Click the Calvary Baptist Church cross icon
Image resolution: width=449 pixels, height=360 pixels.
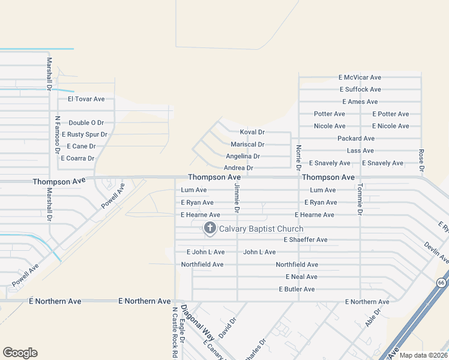[x=210, y=228]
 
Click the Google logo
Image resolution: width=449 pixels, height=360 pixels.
[x=20, y=353]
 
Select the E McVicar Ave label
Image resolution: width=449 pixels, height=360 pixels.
[x=360, y=77]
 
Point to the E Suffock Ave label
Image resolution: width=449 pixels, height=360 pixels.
[x=360, y=89]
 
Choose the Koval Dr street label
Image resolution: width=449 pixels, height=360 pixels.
[x=252, y=132]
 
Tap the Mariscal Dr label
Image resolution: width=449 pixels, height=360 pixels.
[x=247, y=145]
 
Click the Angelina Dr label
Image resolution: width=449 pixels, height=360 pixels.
[x=243, y=156]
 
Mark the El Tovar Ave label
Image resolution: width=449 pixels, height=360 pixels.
[x=86, y=99]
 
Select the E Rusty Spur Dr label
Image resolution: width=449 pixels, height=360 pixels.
[x=84, y=134]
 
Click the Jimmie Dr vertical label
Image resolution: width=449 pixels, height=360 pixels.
[x=237, y=199]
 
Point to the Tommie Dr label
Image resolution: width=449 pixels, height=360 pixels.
[x=360, y=199]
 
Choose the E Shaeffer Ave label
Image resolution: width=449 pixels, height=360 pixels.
[x=305, y=240]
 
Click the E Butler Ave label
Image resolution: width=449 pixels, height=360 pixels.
[x=297, y=289]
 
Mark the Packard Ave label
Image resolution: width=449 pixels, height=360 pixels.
[x=356, y=139]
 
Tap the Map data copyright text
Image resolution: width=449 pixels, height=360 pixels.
[x=423, y=355]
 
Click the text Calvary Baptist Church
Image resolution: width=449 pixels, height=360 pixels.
[x=261, y=229]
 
